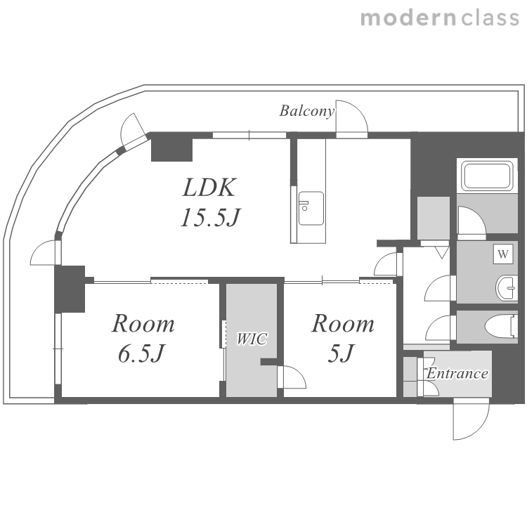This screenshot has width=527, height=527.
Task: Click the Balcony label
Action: click(307, 111)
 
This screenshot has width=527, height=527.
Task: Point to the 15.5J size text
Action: click(211, 217)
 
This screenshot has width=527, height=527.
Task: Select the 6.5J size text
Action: click(141, 353)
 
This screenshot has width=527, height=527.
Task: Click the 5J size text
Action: click(341, 353)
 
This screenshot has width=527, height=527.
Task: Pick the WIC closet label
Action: click(252, 339)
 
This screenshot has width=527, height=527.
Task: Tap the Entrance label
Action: click(457, 373)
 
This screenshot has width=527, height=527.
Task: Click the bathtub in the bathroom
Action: click(487, 176)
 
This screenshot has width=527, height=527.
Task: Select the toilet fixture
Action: click(501, 325)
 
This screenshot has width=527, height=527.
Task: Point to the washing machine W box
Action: click(503, 254)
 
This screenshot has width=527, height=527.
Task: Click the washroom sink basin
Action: click(506, 287)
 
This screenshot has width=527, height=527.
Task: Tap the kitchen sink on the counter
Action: click(311, 209)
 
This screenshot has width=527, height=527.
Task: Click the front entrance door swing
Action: click(471, 419)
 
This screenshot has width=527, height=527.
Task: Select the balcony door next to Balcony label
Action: click(352, 119)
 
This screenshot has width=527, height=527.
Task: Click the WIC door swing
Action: click(292, 377)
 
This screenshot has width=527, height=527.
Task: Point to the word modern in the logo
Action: click(408, 18)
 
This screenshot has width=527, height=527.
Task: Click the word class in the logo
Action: click(490, 18)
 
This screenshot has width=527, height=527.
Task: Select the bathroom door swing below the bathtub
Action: click(472, 220)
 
